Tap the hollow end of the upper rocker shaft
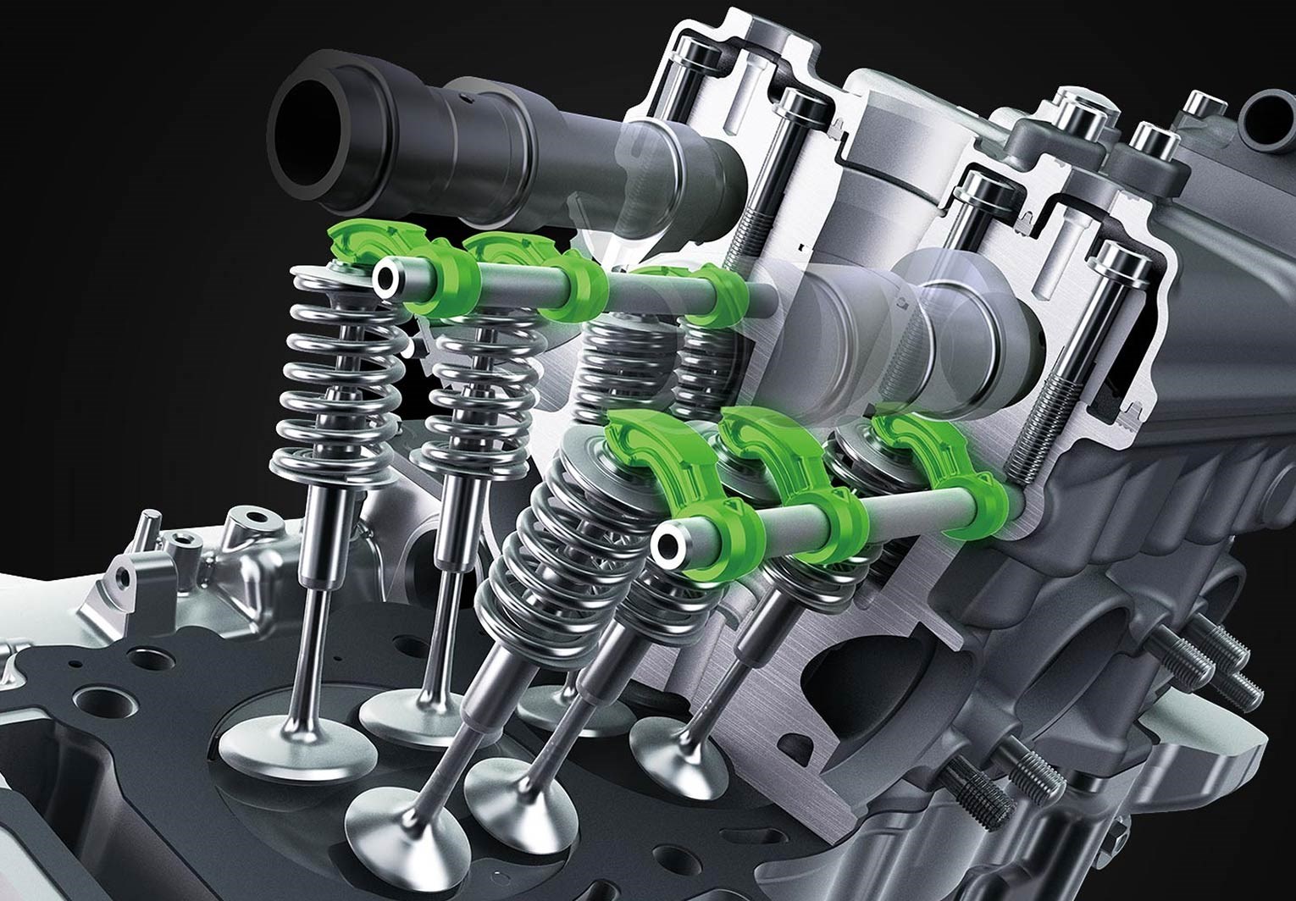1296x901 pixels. [x=389, y=278]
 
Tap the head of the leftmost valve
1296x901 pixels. [x=284, y=749]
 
